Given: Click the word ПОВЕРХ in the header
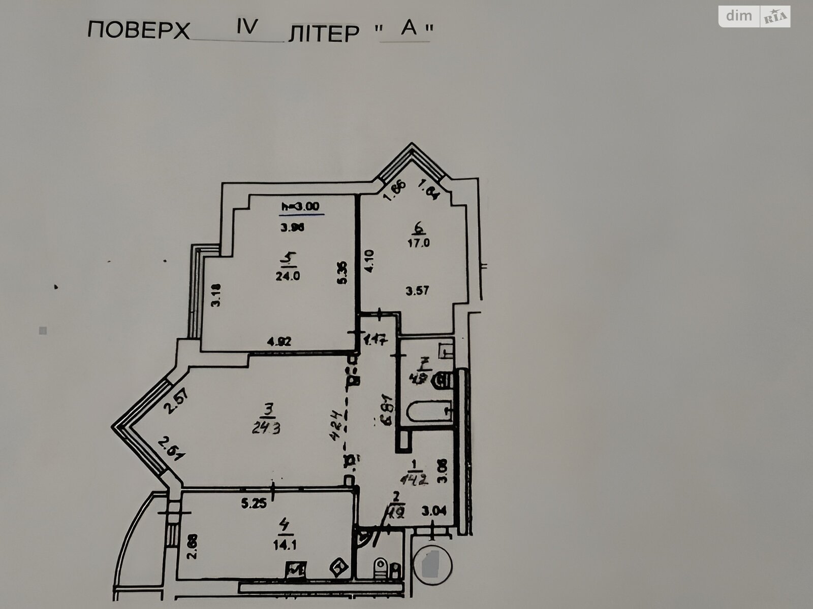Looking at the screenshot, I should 138,31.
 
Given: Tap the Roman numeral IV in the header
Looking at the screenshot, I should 247,27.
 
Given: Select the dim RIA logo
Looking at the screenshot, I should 754,16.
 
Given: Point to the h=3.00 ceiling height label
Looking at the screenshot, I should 300,207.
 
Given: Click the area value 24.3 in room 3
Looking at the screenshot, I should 267,428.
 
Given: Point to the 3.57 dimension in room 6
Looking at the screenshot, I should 418,291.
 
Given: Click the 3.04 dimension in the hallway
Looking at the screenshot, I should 434,512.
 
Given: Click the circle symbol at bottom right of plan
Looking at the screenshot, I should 432,563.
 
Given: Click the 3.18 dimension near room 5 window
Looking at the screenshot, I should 216,294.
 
